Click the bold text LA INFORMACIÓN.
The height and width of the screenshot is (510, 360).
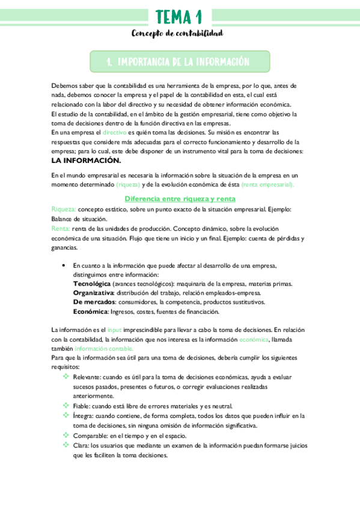87,161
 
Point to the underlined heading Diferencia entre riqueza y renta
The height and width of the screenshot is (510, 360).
180,198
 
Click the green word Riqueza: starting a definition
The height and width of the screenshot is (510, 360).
64,209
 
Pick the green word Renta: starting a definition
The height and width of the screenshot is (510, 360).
61,229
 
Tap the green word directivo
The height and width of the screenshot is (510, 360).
114,131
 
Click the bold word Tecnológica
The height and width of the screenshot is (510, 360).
92,283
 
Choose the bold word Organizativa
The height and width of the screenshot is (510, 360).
93,292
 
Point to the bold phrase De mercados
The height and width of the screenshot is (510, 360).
94,302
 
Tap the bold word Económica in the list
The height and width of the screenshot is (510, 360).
91,312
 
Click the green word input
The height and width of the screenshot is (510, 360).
114,330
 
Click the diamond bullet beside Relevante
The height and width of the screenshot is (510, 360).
66,376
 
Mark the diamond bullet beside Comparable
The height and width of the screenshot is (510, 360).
66,435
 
